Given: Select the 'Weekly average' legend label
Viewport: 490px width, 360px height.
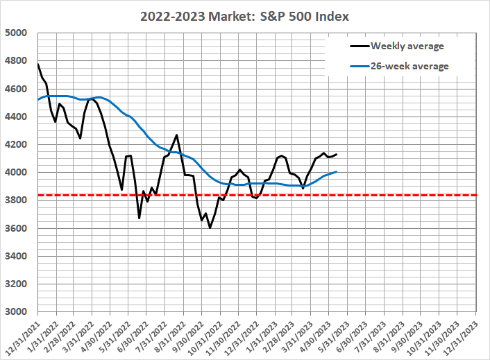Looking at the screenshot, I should (407, 46).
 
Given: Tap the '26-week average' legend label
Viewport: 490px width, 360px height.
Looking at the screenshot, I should (409, 67).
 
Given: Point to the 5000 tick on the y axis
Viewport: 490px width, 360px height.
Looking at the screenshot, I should (17, 33).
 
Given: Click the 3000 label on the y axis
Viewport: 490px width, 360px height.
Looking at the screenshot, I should (17, 312).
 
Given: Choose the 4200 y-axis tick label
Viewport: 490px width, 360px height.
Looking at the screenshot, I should (17, 145).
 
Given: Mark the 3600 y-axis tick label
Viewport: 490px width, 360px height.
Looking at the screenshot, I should (17, 228).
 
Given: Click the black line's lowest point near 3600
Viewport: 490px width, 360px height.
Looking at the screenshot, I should (210, 227).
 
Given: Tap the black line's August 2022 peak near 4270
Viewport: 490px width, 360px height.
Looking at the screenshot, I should (177, 135).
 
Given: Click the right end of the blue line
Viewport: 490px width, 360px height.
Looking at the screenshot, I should (337, 171).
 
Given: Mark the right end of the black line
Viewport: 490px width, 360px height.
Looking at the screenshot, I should (337, 154).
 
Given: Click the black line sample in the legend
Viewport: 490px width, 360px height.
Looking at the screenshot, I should (358, 46).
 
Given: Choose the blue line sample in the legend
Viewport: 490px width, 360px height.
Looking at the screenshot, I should (358, 67).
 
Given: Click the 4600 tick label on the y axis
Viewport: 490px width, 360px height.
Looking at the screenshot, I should (17, 89).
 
